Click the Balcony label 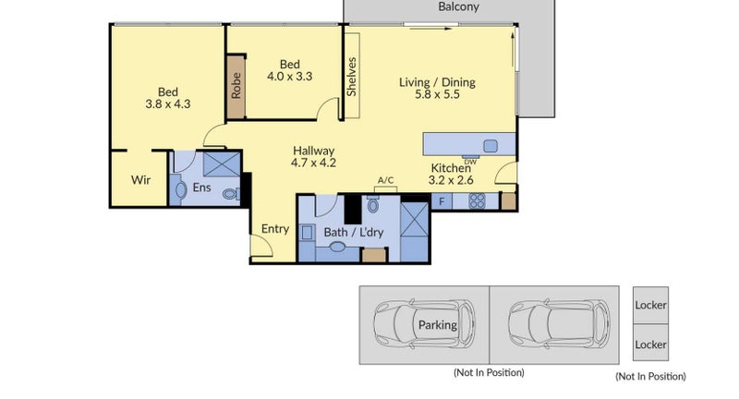(x=459, y=7)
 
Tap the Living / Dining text (x=437, y=82)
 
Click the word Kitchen (x=450, y=168)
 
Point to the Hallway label (x=313, y=151)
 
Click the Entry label (x=274, y=229)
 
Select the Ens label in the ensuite (x=202, y=187)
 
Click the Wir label (x=140, y=180)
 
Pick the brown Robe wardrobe (x=236, y=86)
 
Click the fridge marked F (x=442, y=200)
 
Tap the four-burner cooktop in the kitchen (x=478, y=200)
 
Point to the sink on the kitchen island (x=490, y=145)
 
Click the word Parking (x=437, y=325)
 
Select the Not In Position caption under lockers (x=650, y=376)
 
